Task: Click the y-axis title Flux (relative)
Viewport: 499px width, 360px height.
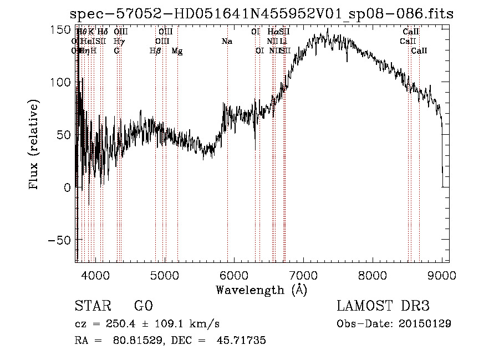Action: tap(34, 145)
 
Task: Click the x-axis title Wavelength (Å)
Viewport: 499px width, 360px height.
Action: tap(261, 290)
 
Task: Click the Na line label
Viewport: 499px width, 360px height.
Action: tap(226, 41)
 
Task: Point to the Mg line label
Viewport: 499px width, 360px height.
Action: tap(177, 51)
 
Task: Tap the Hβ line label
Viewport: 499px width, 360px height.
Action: tap(155, 51)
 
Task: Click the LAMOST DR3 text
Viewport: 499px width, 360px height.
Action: tap(383, 306)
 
